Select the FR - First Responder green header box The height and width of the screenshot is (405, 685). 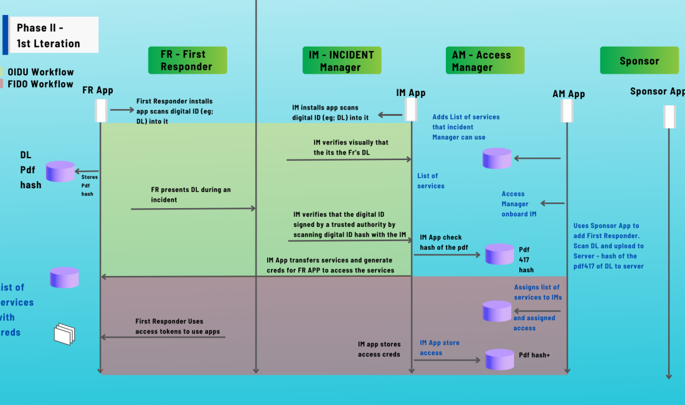point(187,60)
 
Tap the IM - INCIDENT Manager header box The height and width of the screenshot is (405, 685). point(341,60)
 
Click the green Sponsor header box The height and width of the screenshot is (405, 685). point(639,60)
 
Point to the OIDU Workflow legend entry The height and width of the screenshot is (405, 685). point(37,72)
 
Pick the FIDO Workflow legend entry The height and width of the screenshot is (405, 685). point(37,84)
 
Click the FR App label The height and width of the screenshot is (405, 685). point(98,90)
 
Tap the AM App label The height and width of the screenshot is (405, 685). point(569,94)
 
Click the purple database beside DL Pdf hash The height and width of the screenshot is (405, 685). point(60,171)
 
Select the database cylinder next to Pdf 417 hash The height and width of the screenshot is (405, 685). point(499,254)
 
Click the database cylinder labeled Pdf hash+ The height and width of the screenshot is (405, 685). point(499,359)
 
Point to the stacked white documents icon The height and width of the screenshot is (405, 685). point(64,334)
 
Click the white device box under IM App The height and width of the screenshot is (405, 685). point(411,110)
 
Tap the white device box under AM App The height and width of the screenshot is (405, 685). point(567,112)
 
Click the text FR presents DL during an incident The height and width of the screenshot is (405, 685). point(191,194)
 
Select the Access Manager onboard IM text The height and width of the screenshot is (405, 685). point(515,204)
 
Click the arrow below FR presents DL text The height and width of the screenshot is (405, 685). point(194,209)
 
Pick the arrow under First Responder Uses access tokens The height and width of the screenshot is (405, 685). point(163,337)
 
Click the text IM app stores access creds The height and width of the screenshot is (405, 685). point(379,349)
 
